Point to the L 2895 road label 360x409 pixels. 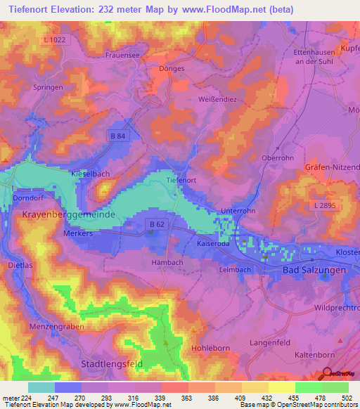click(x=323, y=203)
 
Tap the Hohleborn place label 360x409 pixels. click(x=210, y=348)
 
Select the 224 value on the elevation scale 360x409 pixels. click(x=26, y=398)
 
